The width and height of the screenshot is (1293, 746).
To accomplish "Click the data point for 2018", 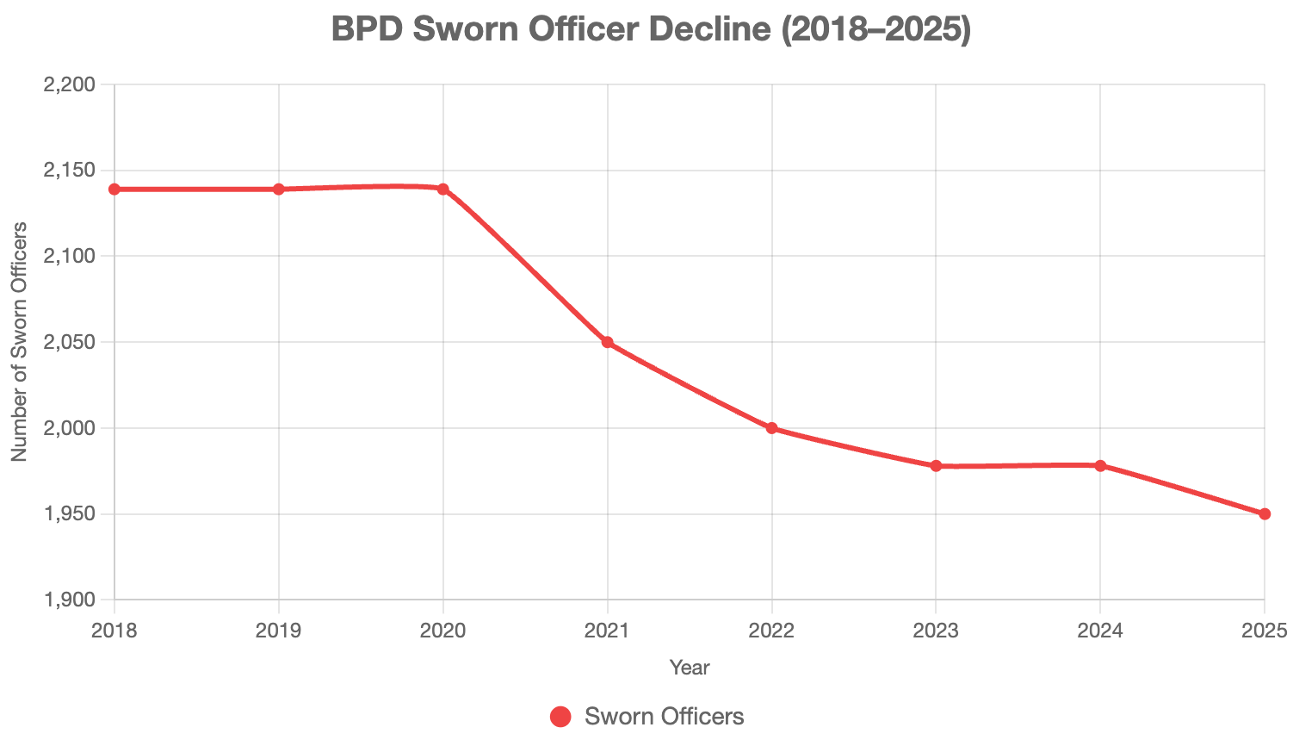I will [114, 190].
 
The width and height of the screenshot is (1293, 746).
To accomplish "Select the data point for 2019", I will [279, 190].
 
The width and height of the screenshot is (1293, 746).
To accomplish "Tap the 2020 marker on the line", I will [443, 190].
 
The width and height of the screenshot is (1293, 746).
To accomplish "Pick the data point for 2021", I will [608, 343].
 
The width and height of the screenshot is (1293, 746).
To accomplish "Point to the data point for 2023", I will [936, 466].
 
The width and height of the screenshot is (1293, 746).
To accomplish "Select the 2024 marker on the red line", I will [1100, 466].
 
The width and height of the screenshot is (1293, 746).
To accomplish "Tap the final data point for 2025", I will [1265, 514].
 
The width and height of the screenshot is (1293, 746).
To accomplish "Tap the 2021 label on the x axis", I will [608, 631].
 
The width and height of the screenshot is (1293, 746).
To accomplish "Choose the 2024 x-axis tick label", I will [1100, 631].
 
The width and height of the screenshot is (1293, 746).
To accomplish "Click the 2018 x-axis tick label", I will [114, 631].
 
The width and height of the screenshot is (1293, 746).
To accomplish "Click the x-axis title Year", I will [690, 668].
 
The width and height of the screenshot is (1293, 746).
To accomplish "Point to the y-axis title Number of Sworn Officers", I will [19, 342].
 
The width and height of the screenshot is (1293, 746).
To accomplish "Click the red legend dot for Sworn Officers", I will [560, 717].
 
